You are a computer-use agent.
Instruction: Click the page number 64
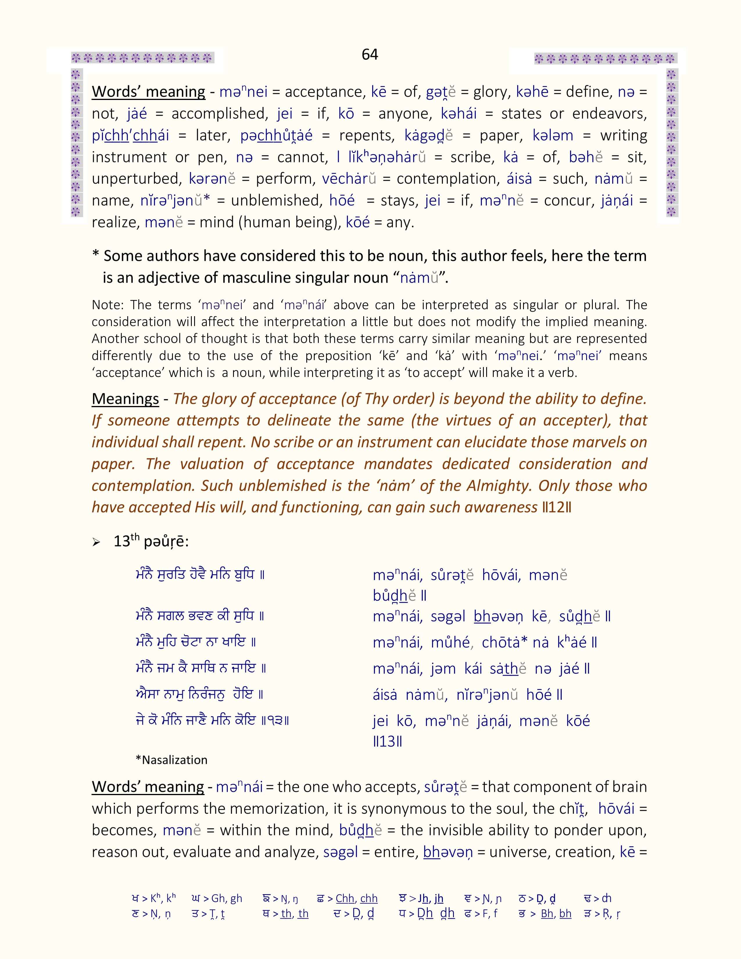pos(370,54)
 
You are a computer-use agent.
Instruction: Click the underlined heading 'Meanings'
pos(125,399)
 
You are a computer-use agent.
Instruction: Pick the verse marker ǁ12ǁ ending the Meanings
pos(557,508)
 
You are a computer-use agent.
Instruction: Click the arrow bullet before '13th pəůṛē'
pos(96,543)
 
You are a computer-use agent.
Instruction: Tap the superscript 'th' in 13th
pos(135,536)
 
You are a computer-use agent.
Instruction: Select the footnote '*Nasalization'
pos(171,760)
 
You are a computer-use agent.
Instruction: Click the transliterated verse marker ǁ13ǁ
pos(387,742)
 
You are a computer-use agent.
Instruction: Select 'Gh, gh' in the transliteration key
pos(227,898)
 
